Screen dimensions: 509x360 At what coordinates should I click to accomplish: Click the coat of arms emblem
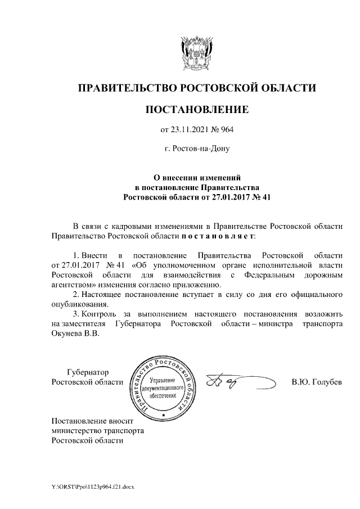[197, 54]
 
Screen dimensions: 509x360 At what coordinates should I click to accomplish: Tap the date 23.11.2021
[188, 130]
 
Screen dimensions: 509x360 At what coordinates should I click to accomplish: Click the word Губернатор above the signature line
[88, 372]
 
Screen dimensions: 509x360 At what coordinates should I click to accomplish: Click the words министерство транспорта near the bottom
[97, 430]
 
